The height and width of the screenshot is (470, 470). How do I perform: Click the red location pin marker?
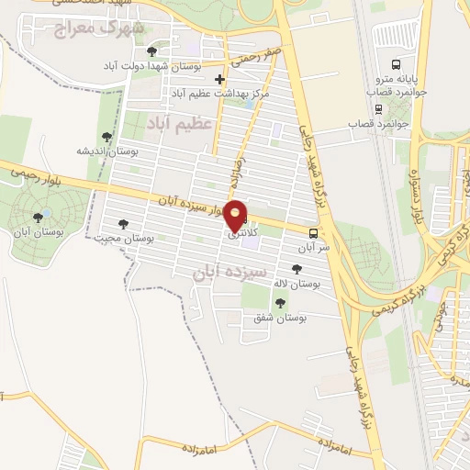[236, 215]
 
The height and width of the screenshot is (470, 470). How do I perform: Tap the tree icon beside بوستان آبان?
[38, 218]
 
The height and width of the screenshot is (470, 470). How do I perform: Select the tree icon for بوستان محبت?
[123, 223]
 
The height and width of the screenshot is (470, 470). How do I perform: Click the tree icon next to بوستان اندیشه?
[107, 137]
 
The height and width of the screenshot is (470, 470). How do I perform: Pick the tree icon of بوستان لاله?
[296, 269]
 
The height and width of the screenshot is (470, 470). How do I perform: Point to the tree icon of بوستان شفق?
[280, 302]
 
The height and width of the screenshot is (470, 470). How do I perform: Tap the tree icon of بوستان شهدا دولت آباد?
[151, 50]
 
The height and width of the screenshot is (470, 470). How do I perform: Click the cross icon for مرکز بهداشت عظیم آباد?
[218, 80]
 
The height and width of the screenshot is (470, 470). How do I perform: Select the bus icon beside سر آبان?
[313, 233]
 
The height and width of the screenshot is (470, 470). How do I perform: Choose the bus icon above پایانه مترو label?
[397, 64]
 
